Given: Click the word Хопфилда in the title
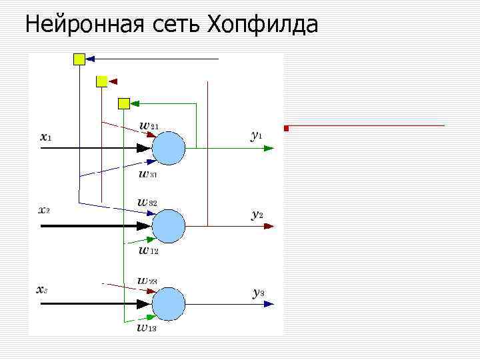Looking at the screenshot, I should click(x=263, y=25).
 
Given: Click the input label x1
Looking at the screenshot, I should click(x=46, y=137).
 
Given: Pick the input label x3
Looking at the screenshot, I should click(x=41, y=289).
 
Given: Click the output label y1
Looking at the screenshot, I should click(x=257, y=135).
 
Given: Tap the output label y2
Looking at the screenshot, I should click(x=257, y=214).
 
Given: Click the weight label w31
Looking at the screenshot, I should click(x=148, y=175).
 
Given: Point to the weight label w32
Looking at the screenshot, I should click(x=148, y=201).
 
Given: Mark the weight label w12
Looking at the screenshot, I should click(x=149, y=251).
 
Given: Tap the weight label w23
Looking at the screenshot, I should click(x=147, y=281).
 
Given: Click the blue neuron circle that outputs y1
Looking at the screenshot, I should click(x=168, y=148).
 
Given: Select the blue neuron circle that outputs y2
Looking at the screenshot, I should click(x=168, y=227).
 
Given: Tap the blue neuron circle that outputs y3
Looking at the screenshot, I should click(x=168, y=305).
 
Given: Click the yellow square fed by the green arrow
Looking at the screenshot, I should click(x=123, y=103).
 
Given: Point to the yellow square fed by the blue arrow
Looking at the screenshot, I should click(x=79, y=59).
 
